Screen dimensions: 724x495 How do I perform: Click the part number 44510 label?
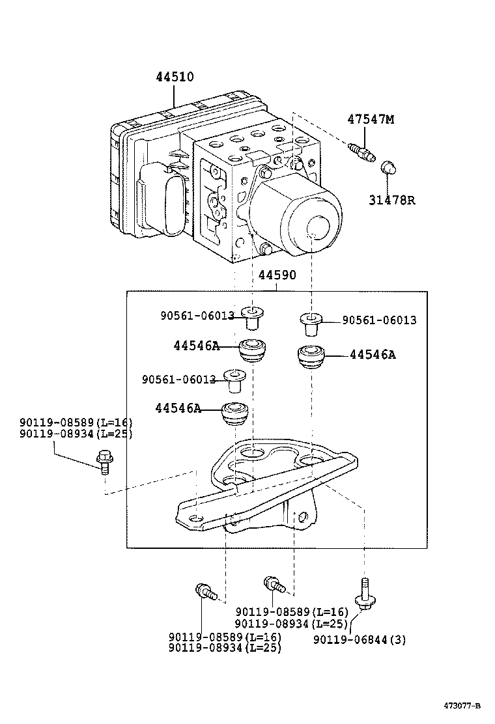click(x=175, y=77)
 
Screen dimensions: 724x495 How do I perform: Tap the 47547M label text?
click(x=371, y=119)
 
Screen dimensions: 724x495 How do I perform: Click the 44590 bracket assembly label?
click(x=277, y=275)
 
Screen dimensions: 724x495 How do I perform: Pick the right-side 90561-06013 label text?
click(x=379, y=320)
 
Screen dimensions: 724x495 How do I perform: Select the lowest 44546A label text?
click(x=178, y=408)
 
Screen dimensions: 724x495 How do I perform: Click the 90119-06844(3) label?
click(x=359, y=639)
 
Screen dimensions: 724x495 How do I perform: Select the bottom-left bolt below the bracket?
click(x=204, y=592)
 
